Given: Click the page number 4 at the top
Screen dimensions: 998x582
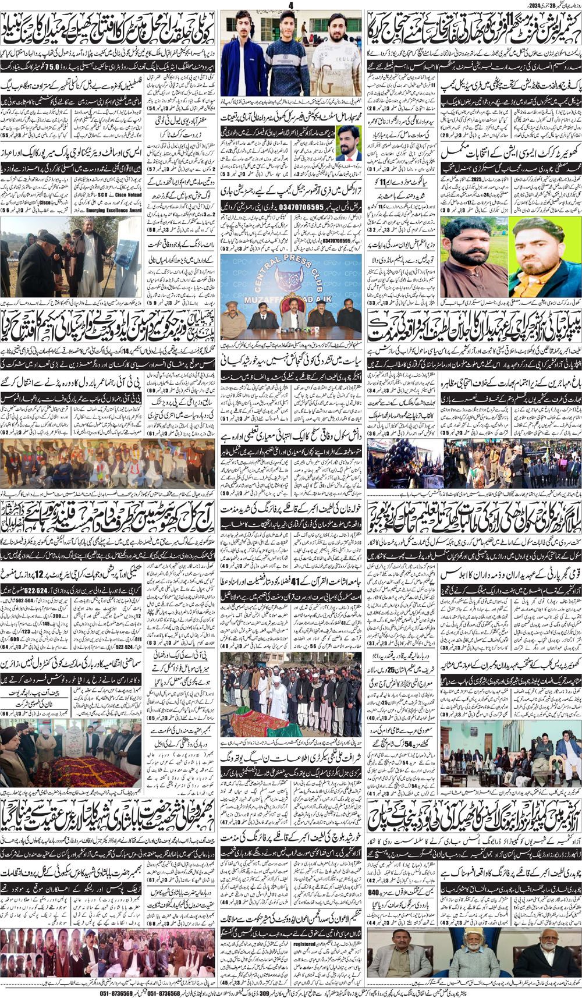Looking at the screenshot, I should click(x=290, y=5).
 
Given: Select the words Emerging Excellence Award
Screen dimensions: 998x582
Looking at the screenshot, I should click(x=114, y=210).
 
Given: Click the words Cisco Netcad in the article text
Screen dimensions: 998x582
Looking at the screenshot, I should click(x=129, y=146).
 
